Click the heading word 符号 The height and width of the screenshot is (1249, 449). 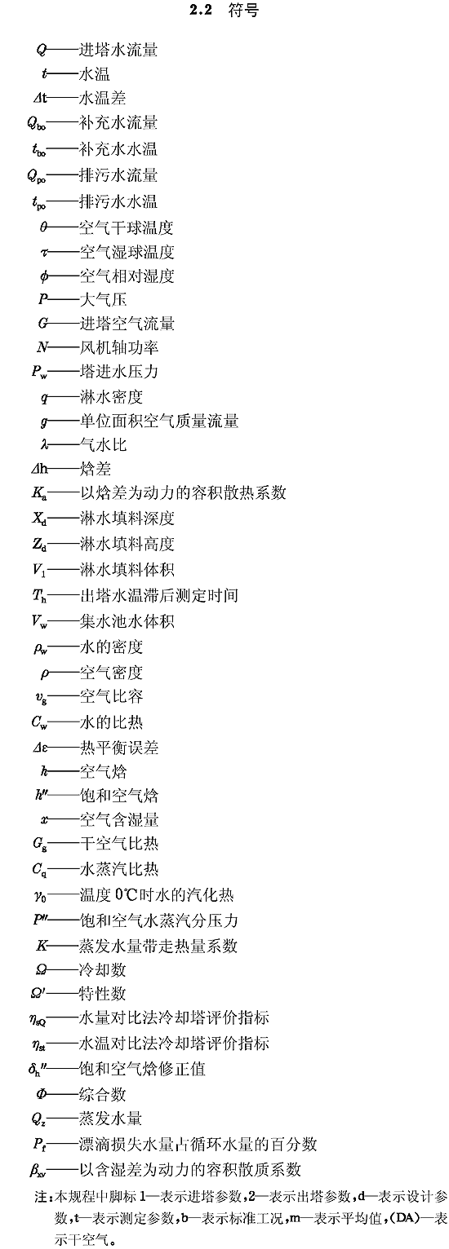point(243,11)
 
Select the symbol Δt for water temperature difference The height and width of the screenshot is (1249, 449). point(40,99)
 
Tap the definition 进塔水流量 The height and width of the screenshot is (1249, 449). point(118,51)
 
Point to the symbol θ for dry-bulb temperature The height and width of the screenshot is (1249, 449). point(43,227)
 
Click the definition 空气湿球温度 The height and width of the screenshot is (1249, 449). point(127,252)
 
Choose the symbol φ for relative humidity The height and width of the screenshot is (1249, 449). point(44,276)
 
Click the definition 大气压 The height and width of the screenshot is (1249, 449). point(104,300)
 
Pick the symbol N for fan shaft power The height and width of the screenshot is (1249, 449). point(42,348)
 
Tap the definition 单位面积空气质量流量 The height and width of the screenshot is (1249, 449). point(159,421)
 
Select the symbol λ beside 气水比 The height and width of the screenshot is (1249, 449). point(44,445)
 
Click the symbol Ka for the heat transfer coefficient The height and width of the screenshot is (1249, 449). point(40,493)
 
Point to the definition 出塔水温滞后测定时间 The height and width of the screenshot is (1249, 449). point(159,595)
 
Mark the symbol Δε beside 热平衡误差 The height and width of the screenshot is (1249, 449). point(40,748)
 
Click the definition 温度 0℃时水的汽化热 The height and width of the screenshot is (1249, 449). point(157,895)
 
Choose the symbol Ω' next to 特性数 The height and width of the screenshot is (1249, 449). point(41,992)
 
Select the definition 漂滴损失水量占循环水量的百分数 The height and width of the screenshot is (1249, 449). point(198,1144)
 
